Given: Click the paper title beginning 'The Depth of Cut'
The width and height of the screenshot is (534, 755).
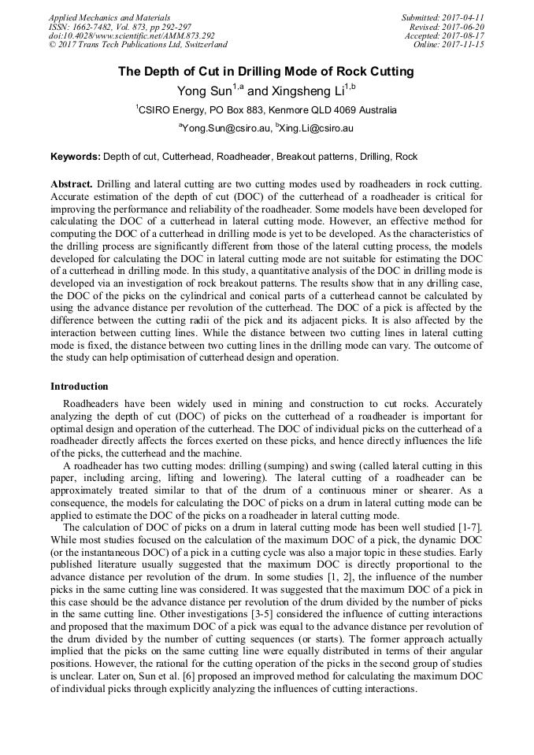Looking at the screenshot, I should tap(266, 72).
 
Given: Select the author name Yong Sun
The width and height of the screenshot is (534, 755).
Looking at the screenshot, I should tap(204, 91).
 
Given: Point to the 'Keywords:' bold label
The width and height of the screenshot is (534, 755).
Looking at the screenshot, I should tap(76, 157).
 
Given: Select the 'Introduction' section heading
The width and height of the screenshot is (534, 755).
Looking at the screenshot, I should tap(80, 387).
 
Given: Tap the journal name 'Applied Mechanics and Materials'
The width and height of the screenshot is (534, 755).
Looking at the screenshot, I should tap(109, 17).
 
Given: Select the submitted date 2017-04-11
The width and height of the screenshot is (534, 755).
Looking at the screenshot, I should tap(462, 17).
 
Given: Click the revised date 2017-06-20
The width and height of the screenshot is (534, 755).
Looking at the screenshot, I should tap(462, 27).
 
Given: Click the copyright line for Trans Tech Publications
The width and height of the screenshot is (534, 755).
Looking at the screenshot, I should tap(138, 45).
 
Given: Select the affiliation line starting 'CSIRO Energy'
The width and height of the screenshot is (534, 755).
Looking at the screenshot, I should tap(266, 110).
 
